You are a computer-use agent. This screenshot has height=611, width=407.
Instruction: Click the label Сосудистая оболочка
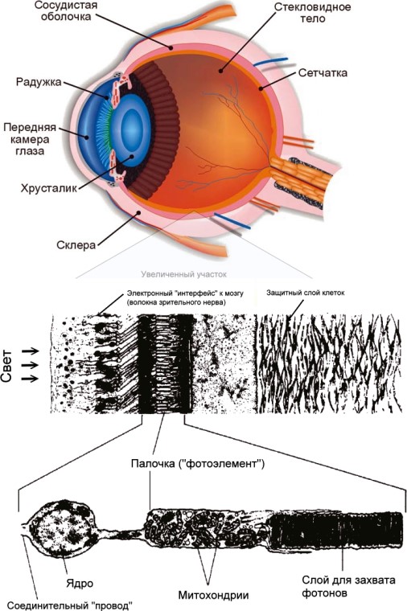coord(66,11)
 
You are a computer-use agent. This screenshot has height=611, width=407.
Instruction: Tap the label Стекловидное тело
coord(312,13)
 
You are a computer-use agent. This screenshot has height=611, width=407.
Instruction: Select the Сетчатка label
coord(323,73)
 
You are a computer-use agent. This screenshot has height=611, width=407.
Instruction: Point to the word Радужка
coord(39,82)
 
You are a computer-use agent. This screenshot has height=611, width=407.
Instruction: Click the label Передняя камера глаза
coord(30,139)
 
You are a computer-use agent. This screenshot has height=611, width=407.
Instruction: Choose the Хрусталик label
coord(49,188)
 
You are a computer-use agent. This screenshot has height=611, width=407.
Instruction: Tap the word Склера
coord(76,245)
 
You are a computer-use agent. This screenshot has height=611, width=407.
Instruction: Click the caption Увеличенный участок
coord(183,274)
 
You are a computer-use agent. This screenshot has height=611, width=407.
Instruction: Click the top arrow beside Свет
coord(31,351)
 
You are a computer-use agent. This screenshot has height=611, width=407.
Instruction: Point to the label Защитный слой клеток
coord(306,293)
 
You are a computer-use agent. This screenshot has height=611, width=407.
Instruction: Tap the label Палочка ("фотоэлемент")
coord(198,464)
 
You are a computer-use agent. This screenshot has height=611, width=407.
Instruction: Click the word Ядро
coord(80,584)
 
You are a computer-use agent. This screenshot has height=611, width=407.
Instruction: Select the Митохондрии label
coord(213,595)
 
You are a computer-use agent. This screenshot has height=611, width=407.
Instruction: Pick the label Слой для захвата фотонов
coord(348,586)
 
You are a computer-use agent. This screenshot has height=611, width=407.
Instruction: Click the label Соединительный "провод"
coord(70,605)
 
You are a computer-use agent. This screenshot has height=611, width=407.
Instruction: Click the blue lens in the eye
coord(134,130)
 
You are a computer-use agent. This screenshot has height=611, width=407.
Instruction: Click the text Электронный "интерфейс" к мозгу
coord(185,293)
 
